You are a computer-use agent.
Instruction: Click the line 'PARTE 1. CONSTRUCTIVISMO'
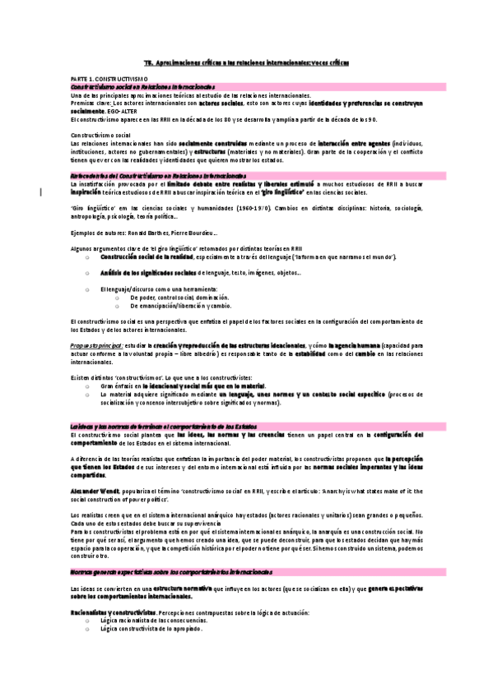(109, 76)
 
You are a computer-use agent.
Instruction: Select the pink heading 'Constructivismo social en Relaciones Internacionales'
(142, 86)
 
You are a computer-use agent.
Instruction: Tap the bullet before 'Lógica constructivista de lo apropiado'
(86, 628)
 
